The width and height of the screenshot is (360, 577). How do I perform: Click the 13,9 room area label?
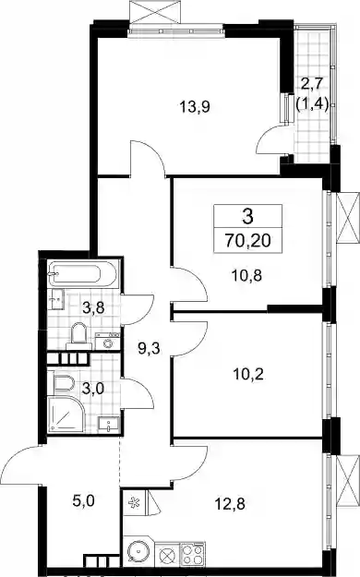tap(195, 107)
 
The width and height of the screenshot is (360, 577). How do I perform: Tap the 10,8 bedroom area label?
tap(246, 275)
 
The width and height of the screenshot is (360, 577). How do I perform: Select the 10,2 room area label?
tap(248, 375)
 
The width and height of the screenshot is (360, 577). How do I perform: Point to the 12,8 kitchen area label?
tap(230, 503)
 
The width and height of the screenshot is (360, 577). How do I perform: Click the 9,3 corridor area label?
tap(149, 348)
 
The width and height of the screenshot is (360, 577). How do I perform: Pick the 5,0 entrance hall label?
tap(84, 500)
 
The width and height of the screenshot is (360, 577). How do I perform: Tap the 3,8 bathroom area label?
tap(93, 308)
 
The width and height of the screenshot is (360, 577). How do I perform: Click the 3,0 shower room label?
tap(92, 389)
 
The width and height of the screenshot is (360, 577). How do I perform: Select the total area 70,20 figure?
tap(247, 241)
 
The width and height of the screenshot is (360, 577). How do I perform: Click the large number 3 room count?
tap(247, 217)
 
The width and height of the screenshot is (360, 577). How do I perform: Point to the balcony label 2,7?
tap(311, 84)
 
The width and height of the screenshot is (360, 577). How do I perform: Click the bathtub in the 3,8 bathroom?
tap(83, 274)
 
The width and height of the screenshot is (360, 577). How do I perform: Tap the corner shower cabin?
tap(66, 414)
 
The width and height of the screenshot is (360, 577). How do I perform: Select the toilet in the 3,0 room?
tap(64, 383)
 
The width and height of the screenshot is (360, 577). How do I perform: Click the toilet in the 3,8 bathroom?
tap(78, 336)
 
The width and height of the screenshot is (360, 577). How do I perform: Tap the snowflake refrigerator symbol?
tap(133, 501)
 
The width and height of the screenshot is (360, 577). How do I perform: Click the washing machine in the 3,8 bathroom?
tap(107, 342)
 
